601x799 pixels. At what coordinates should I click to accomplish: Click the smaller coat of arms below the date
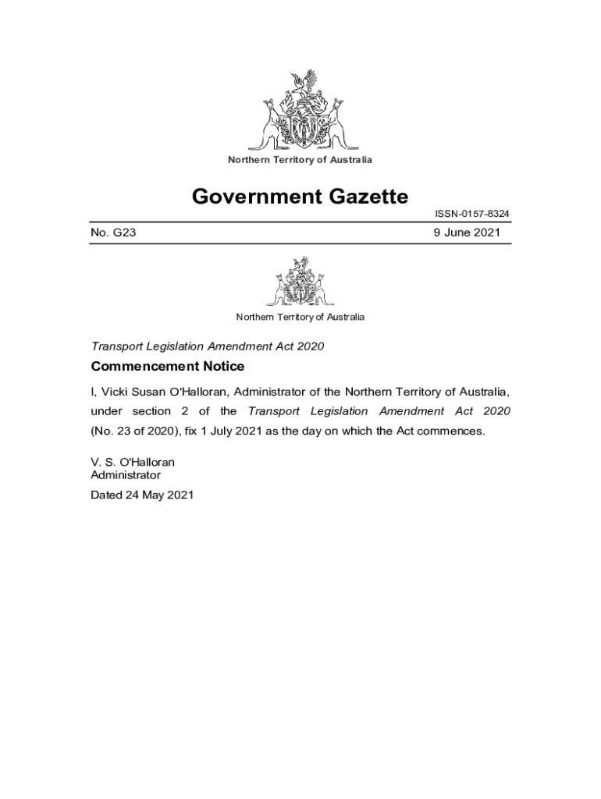300,282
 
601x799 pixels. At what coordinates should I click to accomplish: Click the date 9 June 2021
468,233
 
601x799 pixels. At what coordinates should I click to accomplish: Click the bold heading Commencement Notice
168,367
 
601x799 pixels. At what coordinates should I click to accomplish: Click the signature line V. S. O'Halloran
133,462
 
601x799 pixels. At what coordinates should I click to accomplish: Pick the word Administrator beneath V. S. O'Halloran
126,474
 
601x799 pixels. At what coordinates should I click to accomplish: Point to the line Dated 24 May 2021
141,495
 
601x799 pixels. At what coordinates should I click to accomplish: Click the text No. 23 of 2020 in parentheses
136,431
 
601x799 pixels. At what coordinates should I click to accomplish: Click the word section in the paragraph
152,411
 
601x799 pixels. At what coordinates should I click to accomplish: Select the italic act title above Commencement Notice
208,346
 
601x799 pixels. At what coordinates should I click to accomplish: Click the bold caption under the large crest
300,160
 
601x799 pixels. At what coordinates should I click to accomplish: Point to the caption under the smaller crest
300,317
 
